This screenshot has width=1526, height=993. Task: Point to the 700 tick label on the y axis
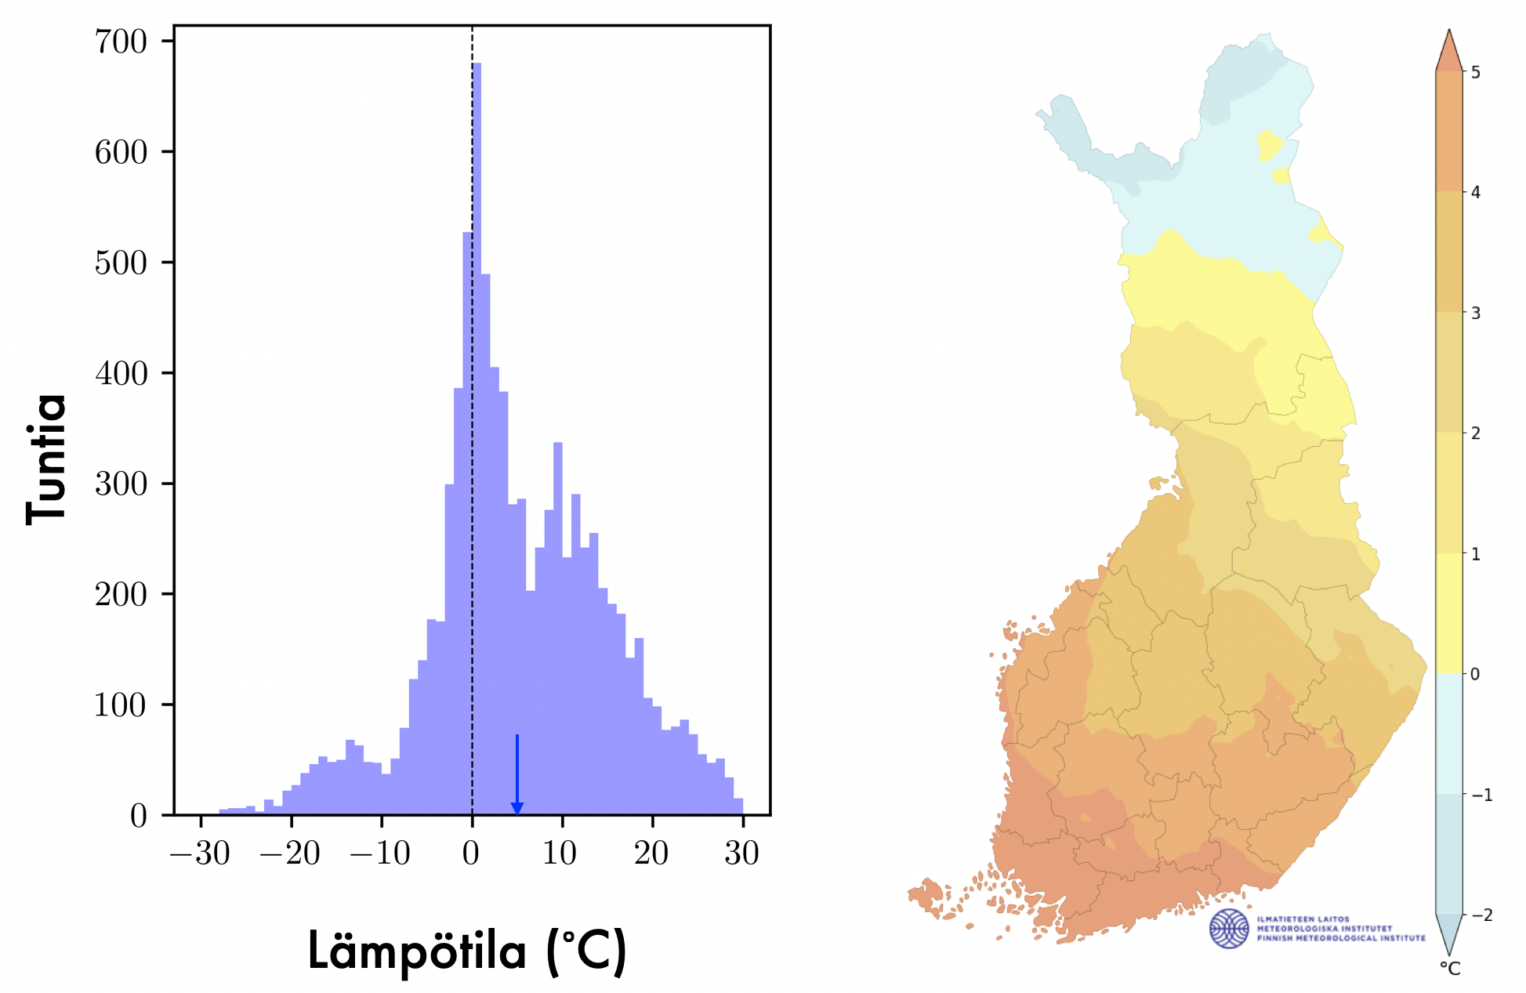point(121,42)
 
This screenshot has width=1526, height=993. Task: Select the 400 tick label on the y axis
point(121,374)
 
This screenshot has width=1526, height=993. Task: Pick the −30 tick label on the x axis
point(201,853)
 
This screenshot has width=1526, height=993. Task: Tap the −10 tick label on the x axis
point(381,853)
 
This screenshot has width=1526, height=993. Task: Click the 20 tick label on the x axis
point(651,853)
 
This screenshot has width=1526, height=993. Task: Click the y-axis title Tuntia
point(45,459)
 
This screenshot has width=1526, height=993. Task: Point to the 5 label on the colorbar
point(1476,73)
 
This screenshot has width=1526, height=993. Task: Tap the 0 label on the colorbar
point(1475,674)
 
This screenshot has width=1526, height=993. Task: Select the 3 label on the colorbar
point(1476,313)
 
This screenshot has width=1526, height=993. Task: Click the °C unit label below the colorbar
point(1450,969)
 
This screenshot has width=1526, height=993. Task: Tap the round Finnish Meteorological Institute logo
point(1229,929)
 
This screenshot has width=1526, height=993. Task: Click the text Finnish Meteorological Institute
point(1341,938)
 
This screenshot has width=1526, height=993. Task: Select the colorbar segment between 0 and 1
point(1449,614)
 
